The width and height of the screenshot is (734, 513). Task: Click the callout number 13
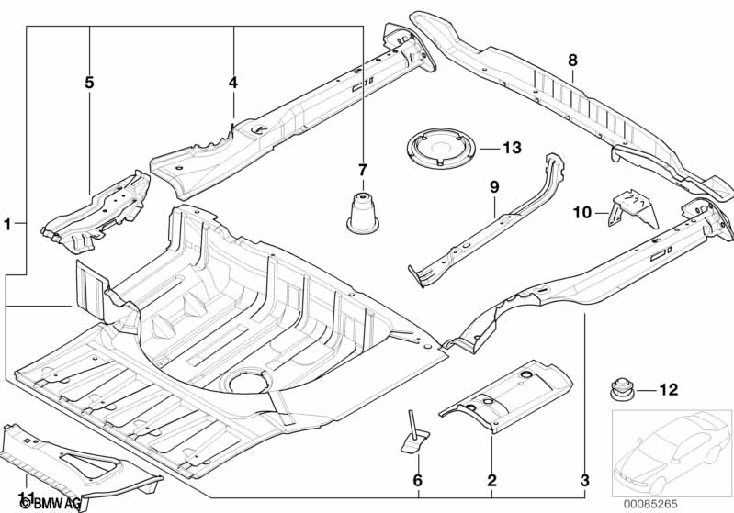coord(512,148)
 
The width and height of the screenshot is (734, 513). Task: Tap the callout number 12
coord(669,389)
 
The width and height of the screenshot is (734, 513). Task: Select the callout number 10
coord(582,213)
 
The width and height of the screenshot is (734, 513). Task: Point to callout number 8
coord(572,61)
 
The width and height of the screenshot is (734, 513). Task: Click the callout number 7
coord(363,170)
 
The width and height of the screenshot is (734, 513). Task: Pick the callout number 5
coord(89,83)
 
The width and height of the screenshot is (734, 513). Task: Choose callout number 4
coord(233,83)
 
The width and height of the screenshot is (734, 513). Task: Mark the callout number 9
coord(494,187)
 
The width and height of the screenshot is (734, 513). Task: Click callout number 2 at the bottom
coord(491,480)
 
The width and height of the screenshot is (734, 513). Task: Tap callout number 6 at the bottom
coord(418,480)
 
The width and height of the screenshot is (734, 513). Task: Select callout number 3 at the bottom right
coord(584,480)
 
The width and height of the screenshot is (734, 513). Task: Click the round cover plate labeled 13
coord(441,148)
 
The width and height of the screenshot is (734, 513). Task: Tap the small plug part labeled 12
coord(622,389)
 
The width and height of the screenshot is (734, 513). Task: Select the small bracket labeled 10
coord(633,208)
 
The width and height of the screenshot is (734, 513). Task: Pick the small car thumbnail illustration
coord(672,448)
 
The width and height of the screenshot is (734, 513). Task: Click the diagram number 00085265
coord(649,504)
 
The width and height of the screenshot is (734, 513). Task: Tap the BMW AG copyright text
coord(51,504)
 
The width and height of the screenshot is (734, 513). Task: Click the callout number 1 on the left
coord(7,225)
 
